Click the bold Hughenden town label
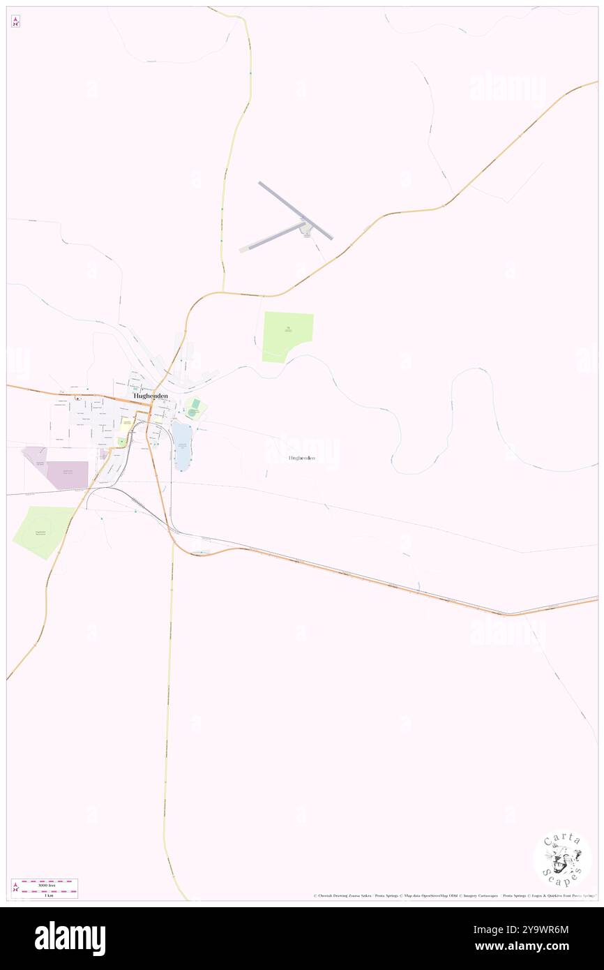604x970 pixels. point(151,396)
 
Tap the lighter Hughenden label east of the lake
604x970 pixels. point(301,458)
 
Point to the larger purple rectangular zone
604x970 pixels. point(68,475)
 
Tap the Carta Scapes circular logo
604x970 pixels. point(562,858)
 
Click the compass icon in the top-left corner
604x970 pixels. point(15,22)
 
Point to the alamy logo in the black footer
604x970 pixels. point(70,939)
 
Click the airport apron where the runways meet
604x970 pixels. point(305,227)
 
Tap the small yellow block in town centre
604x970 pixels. point(127,423)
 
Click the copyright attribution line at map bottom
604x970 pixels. point(453,895)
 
